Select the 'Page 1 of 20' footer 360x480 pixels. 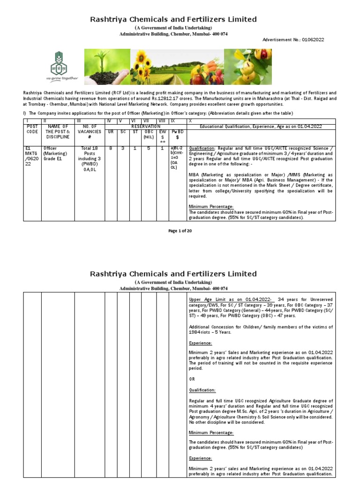point(180,231)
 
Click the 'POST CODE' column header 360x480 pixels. point(32,129)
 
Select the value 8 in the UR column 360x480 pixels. point(111,148)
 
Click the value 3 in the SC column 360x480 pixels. point(123,148)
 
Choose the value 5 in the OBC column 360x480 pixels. point(149,148)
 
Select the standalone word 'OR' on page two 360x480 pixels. point(192,379)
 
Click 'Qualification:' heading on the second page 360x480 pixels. point(202,390)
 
